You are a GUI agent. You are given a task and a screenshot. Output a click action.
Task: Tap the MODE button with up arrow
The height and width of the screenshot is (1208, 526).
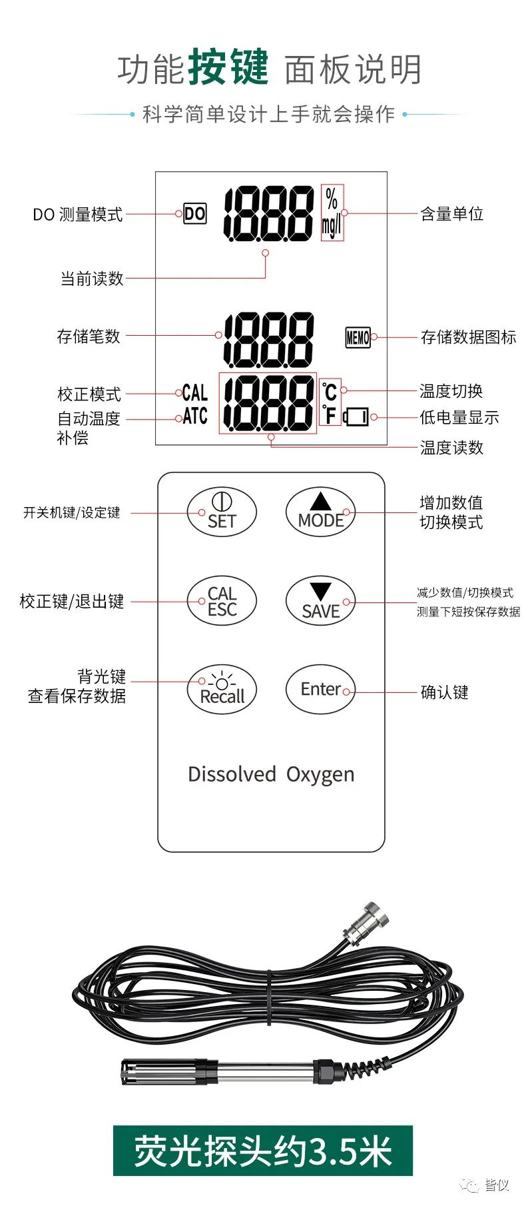pos(320,512)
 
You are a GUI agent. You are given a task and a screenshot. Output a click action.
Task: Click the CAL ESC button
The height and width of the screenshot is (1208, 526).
pos(222,600)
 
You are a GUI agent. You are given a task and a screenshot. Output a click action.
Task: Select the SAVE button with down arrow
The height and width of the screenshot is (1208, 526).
pos(320,600)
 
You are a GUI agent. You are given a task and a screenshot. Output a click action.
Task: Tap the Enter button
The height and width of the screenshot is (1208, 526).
pos(320,689)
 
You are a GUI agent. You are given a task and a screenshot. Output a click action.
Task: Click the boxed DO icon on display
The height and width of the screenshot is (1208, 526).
pos(195,214)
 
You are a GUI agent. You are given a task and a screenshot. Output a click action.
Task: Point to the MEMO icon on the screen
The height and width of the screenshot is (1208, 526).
pos(358,337)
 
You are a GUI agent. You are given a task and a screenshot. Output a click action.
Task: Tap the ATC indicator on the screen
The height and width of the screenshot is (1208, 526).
pos(195,416)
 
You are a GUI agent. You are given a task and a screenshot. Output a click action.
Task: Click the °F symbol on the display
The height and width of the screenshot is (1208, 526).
pos(330,415)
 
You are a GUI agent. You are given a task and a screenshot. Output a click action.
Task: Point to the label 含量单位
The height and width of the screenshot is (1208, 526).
pos(451,214)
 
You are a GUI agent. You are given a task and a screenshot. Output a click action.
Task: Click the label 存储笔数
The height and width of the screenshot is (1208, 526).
pos(89,336)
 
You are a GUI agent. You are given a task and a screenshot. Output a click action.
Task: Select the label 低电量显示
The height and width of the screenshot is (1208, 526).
pos(459,418)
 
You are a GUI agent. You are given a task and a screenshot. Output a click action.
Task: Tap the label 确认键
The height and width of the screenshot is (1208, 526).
pos(444,692)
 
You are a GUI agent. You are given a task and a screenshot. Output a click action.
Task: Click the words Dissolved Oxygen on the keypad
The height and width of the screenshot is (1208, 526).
pos(271,775)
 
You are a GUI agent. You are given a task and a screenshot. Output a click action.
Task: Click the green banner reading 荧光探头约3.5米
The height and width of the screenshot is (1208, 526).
pos(263,1151)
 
